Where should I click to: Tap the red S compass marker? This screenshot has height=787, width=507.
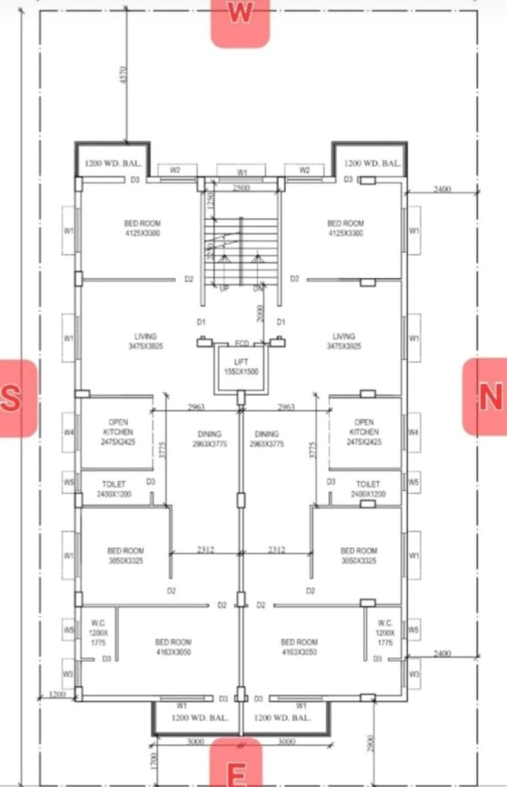tap(15, 398)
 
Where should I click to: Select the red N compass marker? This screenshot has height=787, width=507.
tap(487, 397)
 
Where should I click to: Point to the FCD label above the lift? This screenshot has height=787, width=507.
tap(242, 344)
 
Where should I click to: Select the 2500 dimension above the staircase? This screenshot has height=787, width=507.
tap(241, 187)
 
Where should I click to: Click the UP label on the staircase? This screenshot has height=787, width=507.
tap(224, 288)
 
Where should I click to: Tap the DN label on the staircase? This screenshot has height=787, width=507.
tap(257, 288)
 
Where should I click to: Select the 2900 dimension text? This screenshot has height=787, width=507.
tap(368, 744)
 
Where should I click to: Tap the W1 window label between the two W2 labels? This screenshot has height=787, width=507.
tap(242, 172)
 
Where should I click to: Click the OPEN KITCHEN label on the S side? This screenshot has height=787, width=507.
tap(118, 432)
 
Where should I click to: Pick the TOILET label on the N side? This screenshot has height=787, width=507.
tap(368, 489)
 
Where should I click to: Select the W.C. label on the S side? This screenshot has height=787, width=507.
tap(98, 632)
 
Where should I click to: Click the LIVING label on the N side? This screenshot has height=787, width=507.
tap(344, 341)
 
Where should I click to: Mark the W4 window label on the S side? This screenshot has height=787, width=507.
tap(69, 432)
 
